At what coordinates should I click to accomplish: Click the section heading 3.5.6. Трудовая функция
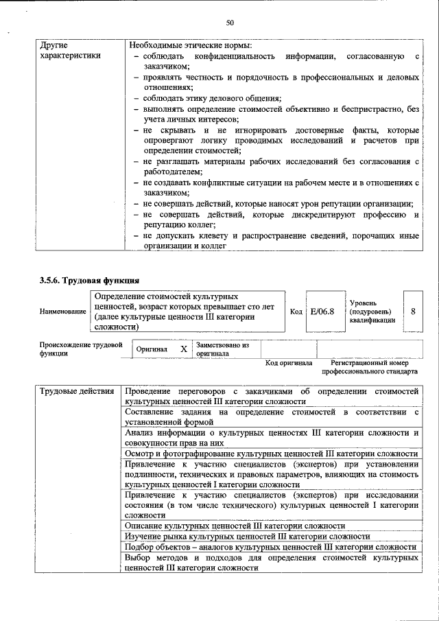89,280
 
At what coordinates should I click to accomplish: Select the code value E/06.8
322,312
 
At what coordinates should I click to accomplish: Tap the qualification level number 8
413,312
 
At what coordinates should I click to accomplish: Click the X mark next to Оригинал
183,349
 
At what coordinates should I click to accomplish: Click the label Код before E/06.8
296,312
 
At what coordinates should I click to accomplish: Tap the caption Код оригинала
289,363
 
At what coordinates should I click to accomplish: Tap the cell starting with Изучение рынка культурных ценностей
247,537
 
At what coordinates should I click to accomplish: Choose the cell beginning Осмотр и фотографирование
271,454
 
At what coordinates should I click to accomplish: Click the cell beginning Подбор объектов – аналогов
270,547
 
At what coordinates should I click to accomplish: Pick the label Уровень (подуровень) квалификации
372,312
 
